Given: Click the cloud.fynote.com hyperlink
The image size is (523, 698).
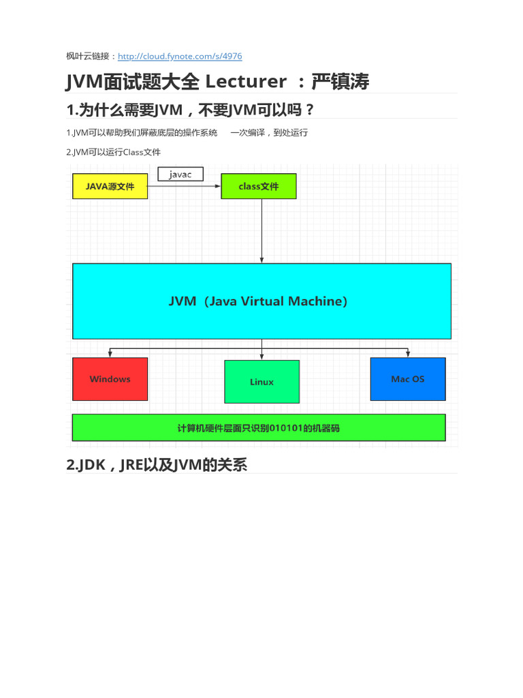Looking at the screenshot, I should click(x=180, y=57).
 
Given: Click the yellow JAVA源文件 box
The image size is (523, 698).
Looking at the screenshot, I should click(x=110, y=186).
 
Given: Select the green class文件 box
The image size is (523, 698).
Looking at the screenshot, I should click(x=259, y=186).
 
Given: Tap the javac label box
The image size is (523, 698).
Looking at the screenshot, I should click(x=180, y=174).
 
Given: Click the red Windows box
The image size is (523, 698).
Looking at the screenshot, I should click(x=110, y=379).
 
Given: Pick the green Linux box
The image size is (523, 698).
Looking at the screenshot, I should click(x=261, y=382).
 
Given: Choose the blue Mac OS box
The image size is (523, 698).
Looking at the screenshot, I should click(x=408, y=379).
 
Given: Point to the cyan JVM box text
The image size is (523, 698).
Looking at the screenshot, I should click(x=258, y=301).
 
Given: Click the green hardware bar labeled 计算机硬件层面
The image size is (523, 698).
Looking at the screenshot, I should click(x=259, y=428).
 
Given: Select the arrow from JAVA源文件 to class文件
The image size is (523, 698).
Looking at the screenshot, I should click(x=184, y=186).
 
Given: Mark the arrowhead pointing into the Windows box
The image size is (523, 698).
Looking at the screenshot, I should click(x=110, y=354).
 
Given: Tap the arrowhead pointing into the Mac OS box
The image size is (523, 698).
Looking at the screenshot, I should click(x=408, y=354).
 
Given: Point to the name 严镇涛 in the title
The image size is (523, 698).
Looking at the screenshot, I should click(x=340, y=82).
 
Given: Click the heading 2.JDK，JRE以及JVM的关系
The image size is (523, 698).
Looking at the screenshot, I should click(x=157, y=466).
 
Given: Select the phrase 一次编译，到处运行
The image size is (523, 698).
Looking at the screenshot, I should click(x=269, y=133).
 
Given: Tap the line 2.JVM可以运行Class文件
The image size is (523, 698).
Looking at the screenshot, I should click(x=114, y=152).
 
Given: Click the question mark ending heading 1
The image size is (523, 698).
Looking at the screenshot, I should click(x=311, y=110).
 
